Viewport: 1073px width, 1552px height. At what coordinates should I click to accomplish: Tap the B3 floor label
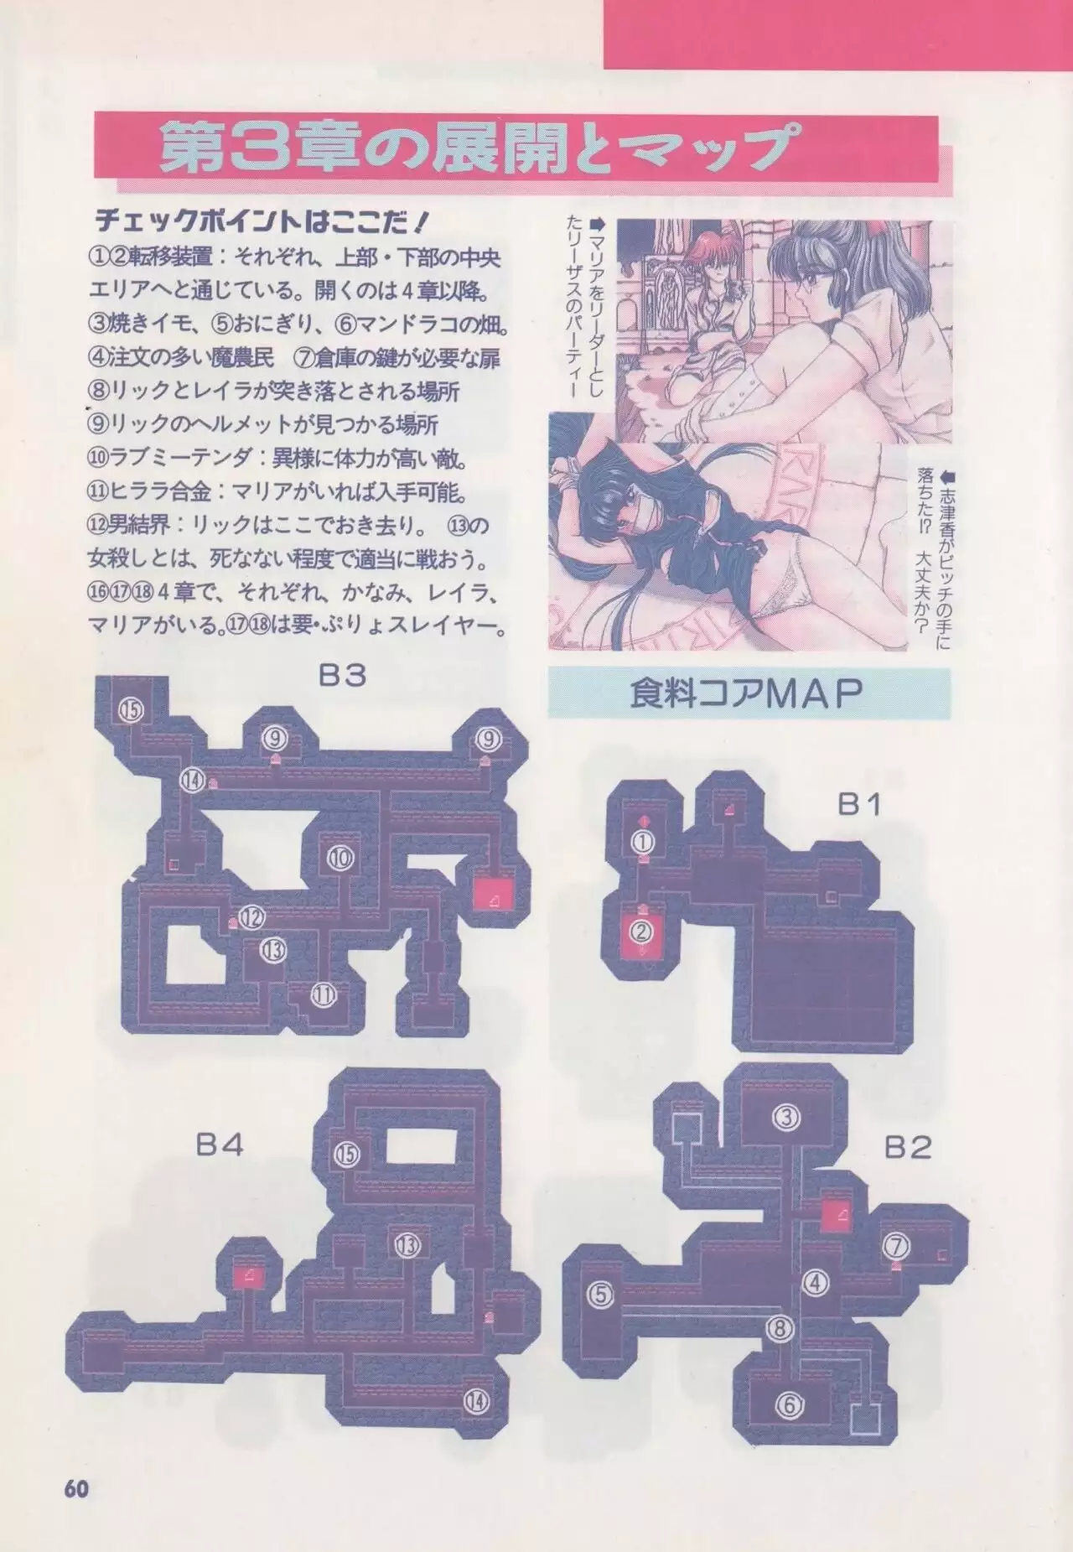point(342,676)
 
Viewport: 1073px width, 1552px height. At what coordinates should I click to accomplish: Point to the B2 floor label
point(908,1148)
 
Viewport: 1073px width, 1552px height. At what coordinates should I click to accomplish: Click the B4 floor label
point(220,1145)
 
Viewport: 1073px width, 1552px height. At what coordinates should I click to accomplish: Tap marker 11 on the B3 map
point(324,995)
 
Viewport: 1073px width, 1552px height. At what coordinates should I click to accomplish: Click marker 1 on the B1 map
point(643,840)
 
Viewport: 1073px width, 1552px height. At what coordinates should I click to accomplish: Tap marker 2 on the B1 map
point(642,930)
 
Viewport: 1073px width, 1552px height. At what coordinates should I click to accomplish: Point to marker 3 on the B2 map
point(786,1118)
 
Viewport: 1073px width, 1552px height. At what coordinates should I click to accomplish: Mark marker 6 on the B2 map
point(788,1404)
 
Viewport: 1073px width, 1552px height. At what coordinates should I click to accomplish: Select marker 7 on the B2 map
point(894,1245)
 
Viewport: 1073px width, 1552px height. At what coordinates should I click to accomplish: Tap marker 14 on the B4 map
point(476,1399)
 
